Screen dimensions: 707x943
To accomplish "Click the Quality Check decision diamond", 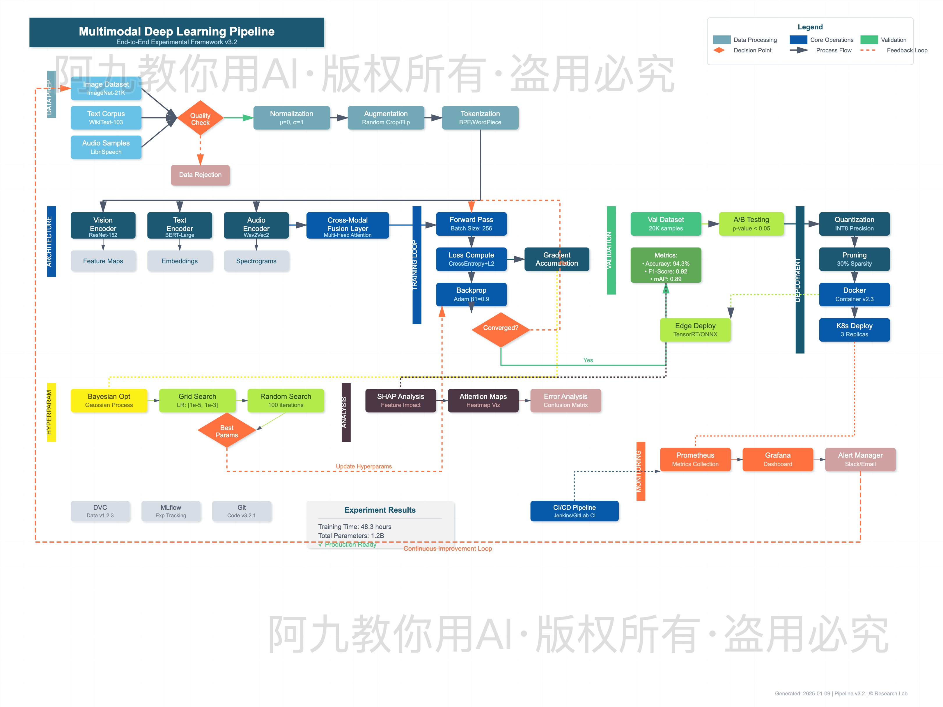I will pos(200,118).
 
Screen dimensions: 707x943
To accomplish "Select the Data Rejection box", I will pos(200,175).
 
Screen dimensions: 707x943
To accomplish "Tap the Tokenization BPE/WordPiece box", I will pos(480,118).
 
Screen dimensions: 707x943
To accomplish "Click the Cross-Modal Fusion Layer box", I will pos(348,225).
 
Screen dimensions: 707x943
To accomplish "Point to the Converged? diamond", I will pos(501,328).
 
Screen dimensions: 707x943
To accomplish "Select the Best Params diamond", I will pos(226,431).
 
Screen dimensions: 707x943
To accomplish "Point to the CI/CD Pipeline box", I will pos(574,511).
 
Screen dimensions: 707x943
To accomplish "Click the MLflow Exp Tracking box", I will pos(171,511).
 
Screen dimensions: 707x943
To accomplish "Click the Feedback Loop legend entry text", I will pos(907,50).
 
